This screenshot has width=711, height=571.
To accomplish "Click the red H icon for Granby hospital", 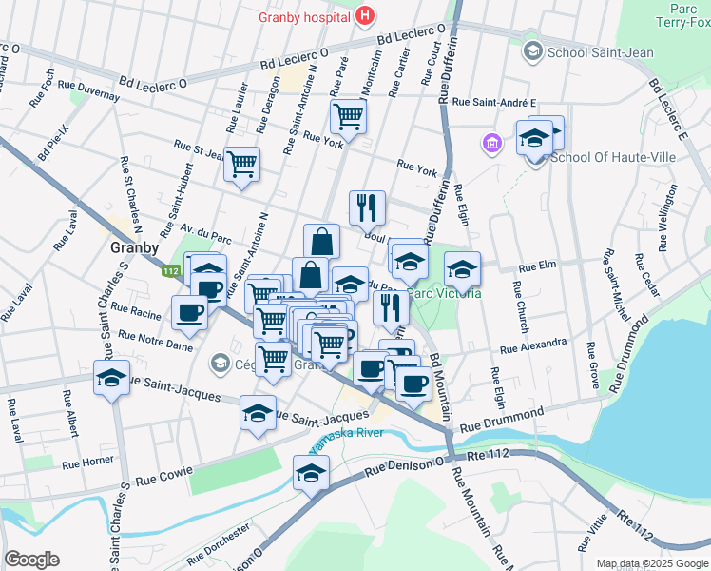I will click(363, 16).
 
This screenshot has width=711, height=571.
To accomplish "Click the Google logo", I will click(31, 560).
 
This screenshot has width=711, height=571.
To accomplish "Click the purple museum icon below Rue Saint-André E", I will click(491, 145).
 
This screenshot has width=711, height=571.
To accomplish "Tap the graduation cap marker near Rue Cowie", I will click(311, 472).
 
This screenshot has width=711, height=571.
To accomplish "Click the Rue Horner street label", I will click(87, 464).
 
